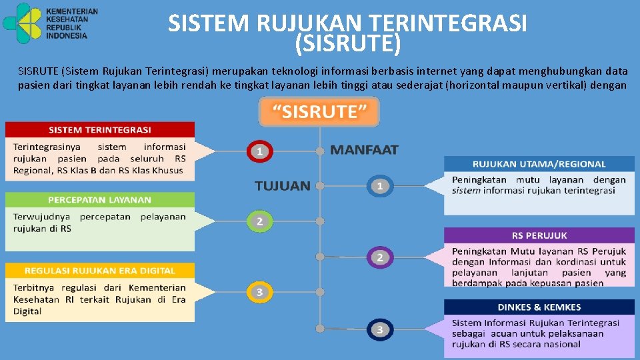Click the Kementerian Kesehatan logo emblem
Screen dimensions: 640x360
coord(23,23)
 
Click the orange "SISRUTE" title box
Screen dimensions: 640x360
coord(319,111)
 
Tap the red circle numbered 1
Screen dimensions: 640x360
coord(260,151)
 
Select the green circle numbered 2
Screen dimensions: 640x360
coord(260,221)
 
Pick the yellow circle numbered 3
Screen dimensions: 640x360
coord(260,291)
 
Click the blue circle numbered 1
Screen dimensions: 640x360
coord(379,185)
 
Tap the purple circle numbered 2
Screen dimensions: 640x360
coord(379,257)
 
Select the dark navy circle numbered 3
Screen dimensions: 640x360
coord(379,329)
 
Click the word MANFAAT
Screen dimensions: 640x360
coord(364,150)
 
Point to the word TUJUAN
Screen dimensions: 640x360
coord(283,186)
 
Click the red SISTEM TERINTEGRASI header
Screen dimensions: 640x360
coord(100,129)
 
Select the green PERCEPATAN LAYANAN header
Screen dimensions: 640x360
coord(100,199)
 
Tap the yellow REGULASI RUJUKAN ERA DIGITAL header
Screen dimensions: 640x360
coord(100,271)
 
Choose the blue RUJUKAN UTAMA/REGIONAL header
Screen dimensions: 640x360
coord(539,163)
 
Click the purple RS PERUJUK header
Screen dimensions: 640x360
coord(539,235)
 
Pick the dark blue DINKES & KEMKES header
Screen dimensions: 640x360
coord(539,307)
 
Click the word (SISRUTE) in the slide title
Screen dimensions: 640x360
coord(347,44)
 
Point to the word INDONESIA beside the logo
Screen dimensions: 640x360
coord(67,36)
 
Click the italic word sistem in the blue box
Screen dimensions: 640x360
coord(466,191)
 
